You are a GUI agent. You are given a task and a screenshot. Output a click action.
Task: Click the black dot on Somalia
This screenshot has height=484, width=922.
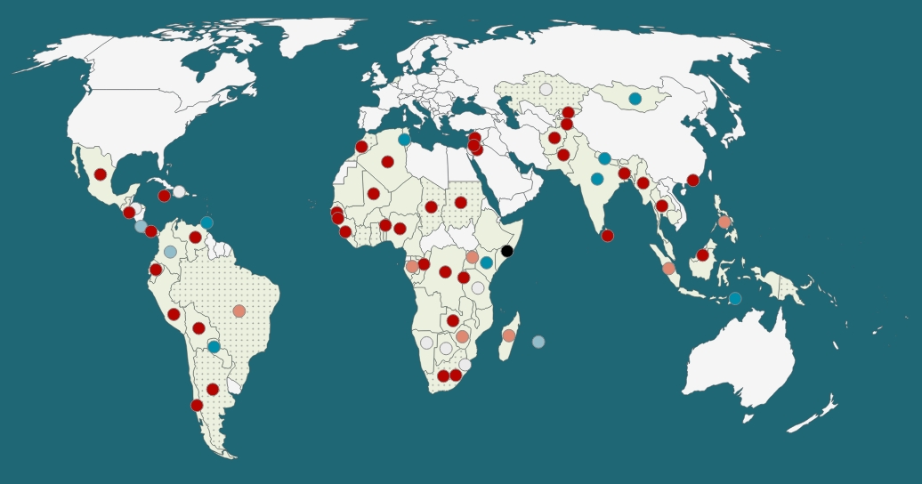click(x=507, y=251)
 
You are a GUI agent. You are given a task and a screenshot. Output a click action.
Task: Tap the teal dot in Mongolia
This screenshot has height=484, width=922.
click(x=635, y=99)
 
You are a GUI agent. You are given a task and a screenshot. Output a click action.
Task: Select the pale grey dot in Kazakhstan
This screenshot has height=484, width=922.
click(x=546, y=89)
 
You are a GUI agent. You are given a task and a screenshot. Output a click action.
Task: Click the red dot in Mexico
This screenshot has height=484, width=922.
click(x=101, y=174)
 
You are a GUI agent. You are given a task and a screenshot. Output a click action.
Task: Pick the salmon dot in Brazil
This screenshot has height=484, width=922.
click(x=239, y=311)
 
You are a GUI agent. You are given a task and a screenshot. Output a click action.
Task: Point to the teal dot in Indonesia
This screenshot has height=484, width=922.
click(x=735, y=298)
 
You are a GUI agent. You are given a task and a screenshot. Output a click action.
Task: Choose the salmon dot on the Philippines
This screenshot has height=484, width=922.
click(x=724, y=222)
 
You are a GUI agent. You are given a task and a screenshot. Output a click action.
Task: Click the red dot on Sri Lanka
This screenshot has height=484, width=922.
click(x=607, y=236)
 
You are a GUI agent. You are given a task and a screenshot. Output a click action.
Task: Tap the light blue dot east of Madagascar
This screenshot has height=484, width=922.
click(x=538, y=342)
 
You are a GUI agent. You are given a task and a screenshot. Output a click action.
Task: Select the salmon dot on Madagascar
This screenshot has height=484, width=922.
click(x=509, y=335)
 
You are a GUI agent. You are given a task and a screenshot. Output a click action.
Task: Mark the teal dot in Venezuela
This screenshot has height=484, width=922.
click(x=206, y=222)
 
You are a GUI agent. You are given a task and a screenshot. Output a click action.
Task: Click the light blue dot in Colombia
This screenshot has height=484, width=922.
click(x=170, y=252)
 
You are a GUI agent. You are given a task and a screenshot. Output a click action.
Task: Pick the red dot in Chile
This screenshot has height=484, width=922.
click(x=197, y=405)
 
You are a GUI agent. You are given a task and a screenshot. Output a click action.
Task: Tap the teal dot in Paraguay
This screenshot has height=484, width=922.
click(x=214, y=346)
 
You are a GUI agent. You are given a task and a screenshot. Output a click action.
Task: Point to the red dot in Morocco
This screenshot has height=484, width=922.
click(x=361, y=147)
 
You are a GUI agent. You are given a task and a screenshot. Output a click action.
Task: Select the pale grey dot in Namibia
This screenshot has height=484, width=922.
click(x=426, y=343)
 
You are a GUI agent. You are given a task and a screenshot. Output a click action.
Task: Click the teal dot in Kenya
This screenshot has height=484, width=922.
click(x=486, y=262)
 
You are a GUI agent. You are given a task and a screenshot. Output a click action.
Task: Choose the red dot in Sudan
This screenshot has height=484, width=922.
click(x=460, y=203)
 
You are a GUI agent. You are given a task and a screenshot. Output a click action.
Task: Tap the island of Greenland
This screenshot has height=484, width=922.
click(x=311, y=36)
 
